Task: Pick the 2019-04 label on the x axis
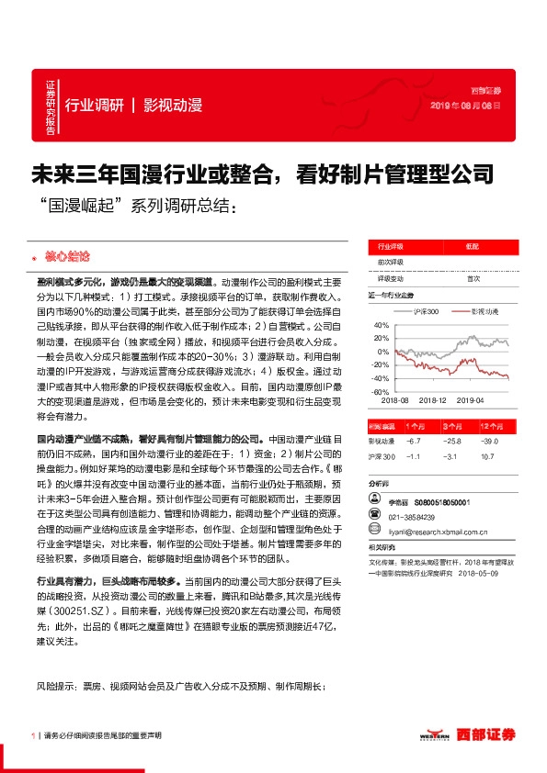coord(471,401)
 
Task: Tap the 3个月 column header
coord(451,427)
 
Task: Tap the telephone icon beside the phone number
coord(376,517)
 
